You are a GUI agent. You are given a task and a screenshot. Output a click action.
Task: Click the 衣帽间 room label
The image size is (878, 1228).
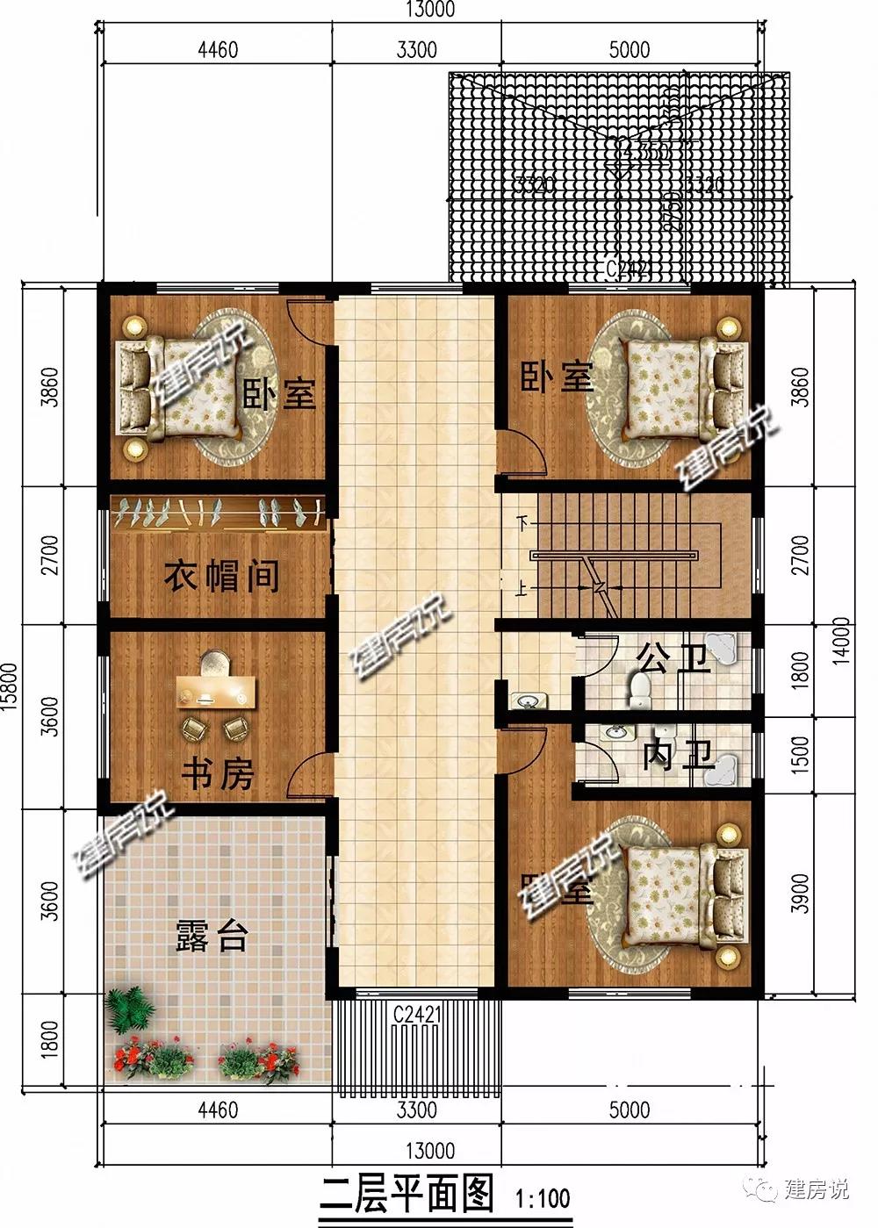[x=221, y=577]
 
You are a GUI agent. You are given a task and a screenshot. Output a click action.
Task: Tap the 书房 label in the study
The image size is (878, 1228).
[x=218, y=775]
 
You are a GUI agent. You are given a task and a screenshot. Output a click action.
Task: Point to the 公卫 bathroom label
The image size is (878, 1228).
[x=673, y=658]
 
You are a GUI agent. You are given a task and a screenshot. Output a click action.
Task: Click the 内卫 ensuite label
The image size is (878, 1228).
[x=677, y=756]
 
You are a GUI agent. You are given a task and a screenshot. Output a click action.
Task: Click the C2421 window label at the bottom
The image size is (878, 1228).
[x=416, y=1016]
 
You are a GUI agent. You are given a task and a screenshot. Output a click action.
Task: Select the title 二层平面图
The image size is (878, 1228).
[x=406, y=1194]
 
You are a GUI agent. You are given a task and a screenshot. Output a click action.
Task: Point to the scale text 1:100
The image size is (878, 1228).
[x=543, y=1197]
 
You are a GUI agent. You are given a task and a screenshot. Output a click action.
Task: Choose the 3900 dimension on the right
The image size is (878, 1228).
[x=799, y=894]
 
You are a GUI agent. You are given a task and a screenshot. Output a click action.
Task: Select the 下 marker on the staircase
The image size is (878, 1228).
[x=525, y=524]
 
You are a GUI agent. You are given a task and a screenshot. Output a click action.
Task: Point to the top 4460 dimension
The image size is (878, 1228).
[x=218, y=49]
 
